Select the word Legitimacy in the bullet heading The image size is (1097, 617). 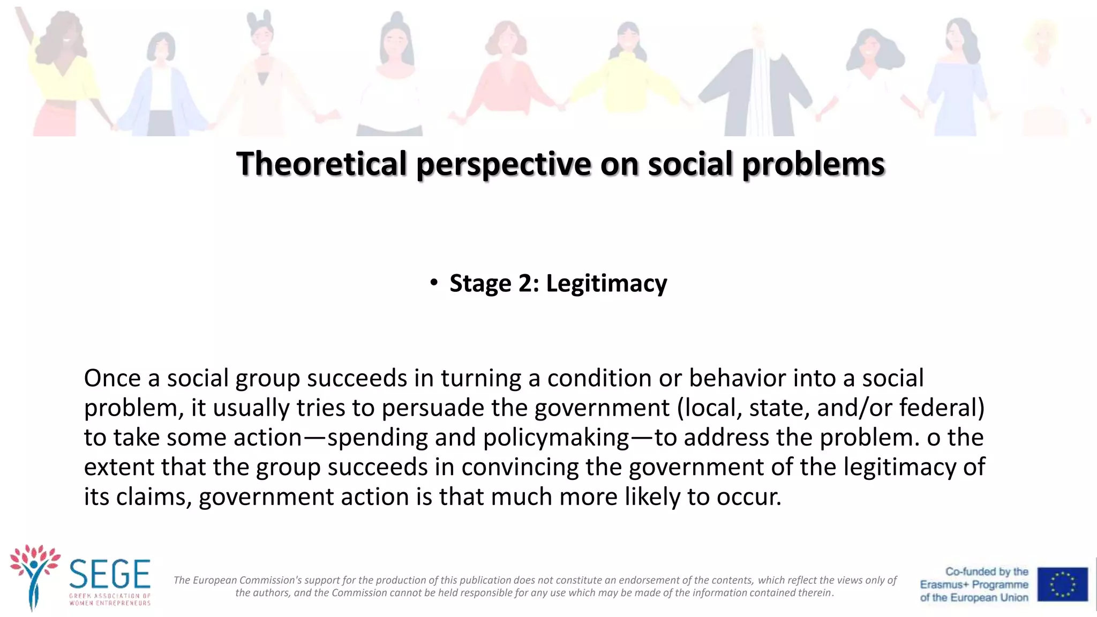click(x=606, y=283)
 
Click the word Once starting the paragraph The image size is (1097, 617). click(x=112, y=378)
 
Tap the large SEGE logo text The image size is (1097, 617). click(x=110, y=574)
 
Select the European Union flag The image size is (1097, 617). click(x=1062, y=584)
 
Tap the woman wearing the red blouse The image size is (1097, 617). click(x=505, y=75)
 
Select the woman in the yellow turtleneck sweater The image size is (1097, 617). click(x=626, y=75)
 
